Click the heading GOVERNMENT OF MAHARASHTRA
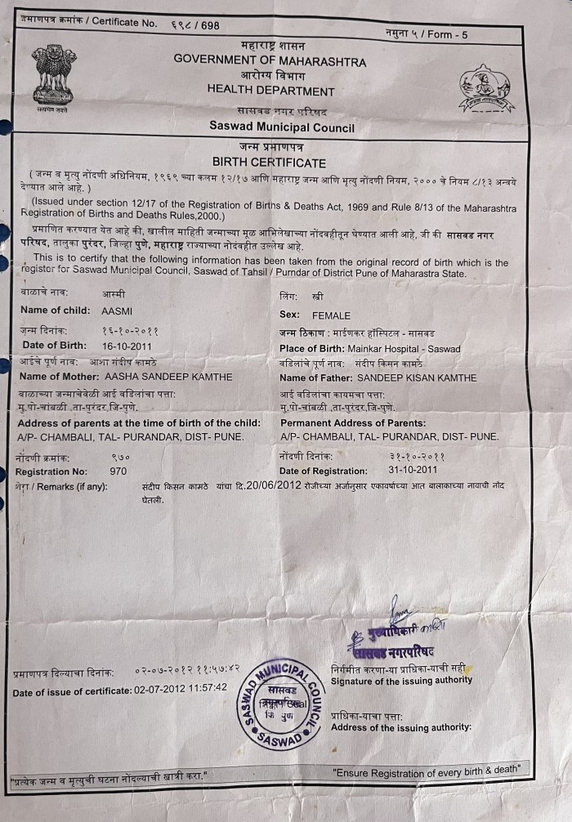click(270, 61)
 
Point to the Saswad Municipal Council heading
click(282, 127)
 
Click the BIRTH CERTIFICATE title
click(269, 163)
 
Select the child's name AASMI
click(115, 310)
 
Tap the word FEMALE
click(331, 315)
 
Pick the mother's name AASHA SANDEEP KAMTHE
click(169, 377)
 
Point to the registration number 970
click(118, 471)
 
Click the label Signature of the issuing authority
click(401, 680)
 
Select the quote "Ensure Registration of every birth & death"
click(426, 771)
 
